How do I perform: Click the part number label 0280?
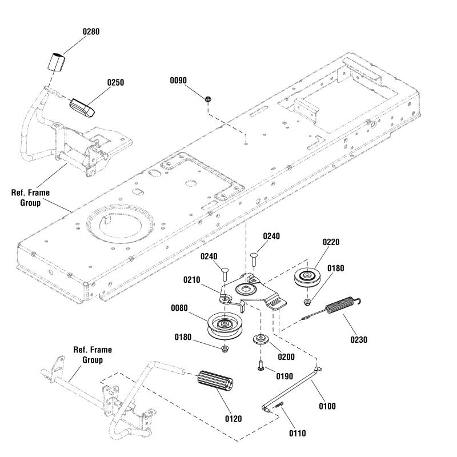tap(91, 31)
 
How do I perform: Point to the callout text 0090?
tap(179, 81)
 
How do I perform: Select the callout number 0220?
tap(331, 242)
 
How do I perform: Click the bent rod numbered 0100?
tap(293, 388)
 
